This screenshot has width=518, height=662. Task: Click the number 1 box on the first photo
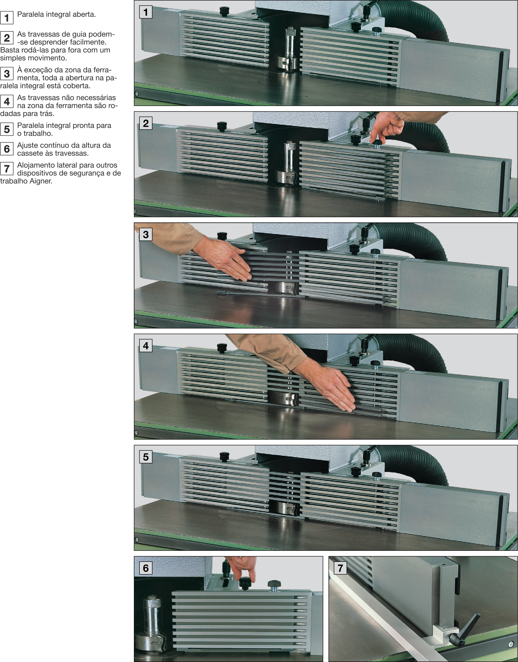pyautogui.click(x=145, y=12)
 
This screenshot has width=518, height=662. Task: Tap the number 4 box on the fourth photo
pyautogui.click(x=145, y=346)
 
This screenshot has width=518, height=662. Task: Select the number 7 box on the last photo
pyautogui.click(x=340, y=568)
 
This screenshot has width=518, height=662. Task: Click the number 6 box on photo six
pyautogui.click(x=145, y=568)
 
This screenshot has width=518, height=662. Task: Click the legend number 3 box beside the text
pyautogui.click(x=7, y=74)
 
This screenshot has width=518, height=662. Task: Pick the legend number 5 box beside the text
pyautogui.click(x=7, y=129)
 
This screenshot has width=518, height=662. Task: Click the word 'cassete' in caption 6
pyautogui.click(x=30, y=153)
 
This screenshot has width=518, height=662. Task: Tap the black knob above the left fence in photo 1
pyautogui.click(x=224, y=12)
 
